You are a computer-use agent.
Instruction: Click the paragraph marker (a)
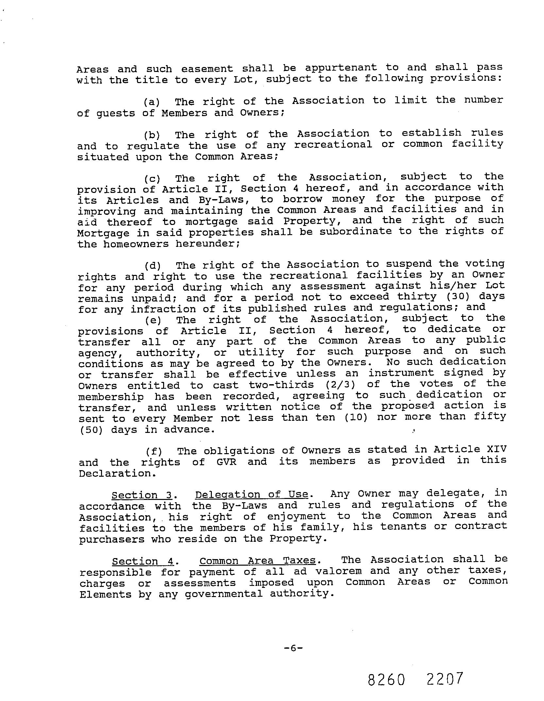pos(152,102)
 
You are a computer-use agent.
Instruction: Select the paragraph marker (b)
pos(152,135)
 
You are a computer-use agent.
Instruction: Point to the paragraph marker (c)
pos(152,179)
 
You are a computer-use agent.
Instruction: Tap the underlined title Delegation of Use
pos(252,495)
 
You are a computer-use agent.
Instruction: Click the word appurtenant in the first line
pos(341,68)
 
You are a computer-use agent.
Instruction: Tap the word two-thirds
pos(281,385)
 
